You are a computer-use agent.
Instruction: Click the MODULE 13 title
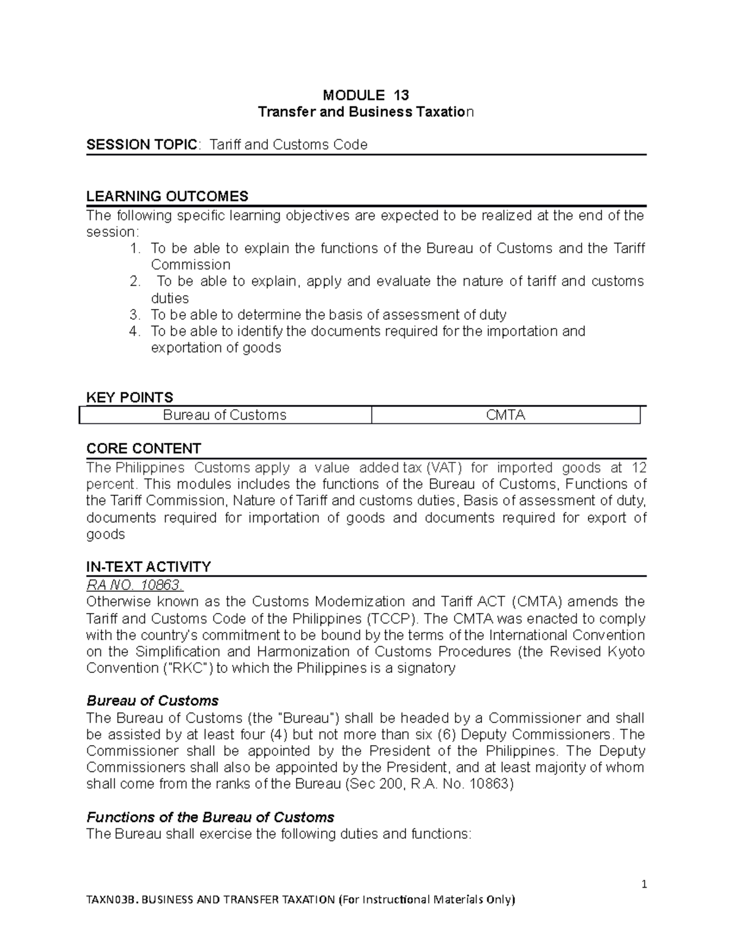[366, 95]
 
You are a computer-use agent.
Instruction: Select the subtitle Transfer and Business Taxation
[366, 113]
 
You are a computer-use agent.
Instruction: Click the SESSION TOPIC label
[142, 145]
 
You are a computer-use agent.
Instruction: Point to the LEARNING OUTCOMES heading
[167, 196]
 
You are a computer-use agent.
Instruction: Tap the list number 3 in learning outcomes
[135, 315]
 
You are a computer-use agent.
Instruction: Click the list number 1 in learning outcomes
[135, 248]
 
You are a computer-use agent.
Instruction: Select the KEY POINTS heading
[130, 398]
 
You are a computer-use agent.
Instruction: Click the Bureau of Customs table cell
[224, 415]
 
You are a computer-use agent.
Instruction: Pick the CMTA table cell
[505, 415]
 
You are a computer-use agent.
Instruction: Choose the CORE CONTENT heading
[143, 448]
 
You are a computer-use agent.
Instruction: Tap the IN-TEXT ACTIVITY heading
[149, 567]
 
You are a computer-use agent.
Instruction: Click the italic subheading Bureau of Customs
[152, 700]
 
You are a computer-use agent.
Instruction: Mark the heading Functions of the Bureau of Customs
[210, 817]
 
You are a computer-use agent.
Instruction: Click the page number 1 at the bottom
[644, 884]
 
